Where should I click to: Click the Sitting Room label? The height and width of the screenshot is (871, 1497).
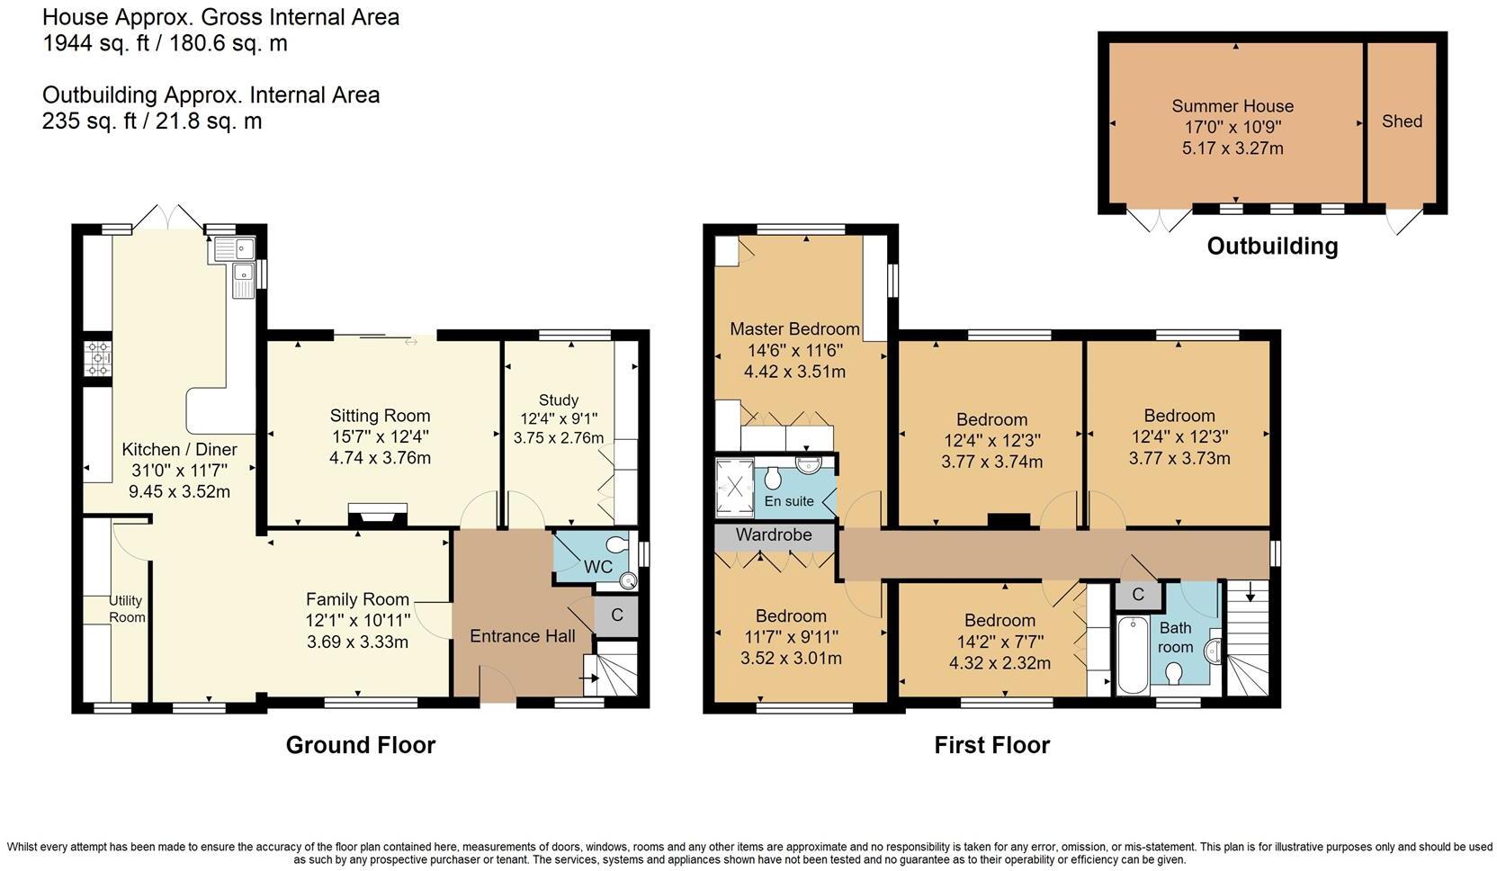pyautogui.click(x=380, y=416)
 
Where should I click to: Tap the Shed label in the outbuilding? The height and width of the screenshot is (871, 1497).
pyautogui.click(x=1402, y=121)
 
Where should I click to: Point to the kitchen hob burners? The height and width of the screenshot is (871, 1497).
pyautogui.click(x=98, y=358)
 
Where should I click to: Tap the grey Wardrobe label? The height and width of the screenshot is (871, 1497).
pyautogui.click(x=774, y=535)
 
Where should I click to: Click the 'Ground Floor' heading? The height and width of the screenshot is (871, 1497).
pyautogui.click(x=360, y=745)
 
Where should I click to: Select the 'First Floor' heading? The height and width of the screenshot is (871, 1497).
pyautogui.click(x=991, y=745)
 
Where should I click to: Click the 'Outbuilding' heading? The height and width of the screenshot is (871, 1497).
pyautogui.click(x=1271, y=247)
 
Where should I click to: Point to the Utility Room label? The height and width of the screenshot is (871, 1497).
pyautogui.click(x=126, y=609)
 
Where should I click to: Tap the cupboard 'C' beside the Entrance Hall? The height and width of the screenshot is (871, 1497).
pyautogui.click(x=616, y=616)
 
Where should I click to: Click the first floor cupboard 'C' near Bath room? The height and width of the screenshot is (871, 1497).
pyautogui.click(x=1137, y=595)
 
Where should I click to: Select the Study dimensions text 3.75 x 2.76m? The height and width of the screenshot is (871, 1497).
pyautogui.click(x=558, y=438)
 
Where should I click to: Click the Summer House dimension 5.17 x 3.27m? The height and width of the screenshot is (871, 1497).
pyautogui.click(x=1232, y=148)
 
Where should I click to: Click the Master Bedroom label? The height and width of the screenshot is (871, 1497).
pyautogui.click(x=794, y=329)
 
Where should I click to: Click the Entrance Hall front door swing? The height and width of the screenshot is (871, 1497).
pyautogui.click(x=497, y=684)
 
